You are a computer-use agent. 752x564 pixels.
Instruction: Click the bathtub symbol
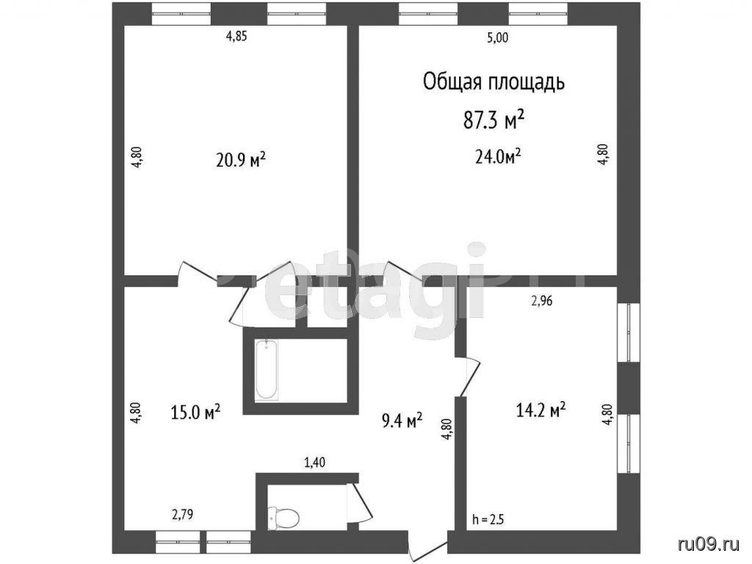click(266, 369)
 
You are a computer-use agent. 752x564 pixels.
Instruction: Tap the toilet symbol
click(284, 517)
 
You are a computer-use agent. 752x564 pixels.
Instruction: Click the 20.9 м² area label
click(241, 159)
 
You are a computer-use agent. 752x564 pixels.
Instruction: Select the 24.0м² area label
click(499, 156)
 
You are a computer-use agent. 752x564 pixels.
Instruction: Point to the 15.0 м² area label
click(195, 411)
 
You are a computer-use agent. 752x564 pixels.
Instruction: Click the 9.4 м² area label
click(402, 420)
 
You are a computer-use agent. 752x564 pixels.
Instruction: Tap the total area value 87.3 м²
click(493, 120)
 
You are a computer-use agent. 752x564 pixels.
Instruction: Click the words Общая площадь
click(493, 82)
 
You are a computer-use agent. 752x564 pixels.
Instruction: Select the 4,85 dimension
click(236, 37)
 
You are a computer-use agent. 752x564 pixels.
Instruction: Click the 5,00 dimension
click(497, 38)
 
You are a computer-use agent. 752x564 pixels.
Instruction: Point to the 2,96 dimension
click(542, 300)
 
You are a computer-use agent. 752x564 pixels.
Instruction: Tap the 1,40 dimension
click(314, 463)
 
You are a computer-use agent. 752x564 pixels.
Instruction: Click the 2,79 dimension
click(183, 515)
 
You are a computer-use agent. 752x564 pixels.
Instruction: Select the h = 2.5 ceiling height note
click(488, 519)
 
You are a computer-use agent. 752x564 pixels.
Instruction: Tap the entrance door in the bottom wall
click(428, 546)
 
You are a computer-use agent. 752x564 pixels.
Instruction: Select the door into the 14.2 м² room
click(468, 377)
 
